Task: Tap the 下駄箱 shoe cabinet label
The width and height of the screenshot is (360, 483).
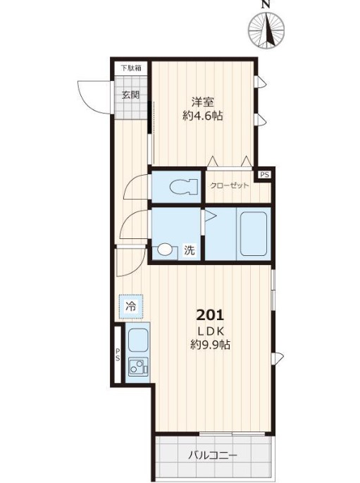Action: pos(131,68)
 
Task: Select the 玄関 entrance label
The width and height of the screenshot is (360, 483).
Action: pos(131,94)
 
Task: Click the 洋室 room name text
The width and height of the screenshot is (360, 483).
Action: pos(203,102)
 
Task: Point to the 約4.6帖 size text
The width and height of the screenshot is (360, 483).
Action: pos(203,116)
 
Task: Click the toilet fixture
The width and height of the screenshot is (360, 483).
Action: pos(183,187)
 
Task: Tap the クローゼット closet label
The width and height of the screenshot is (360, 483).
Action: pos(229,185)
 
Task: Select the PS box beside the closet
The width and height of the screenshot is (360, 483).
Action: pos(265,175)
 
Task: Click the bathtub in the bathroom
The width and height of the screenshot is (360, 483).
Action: pos(254,234)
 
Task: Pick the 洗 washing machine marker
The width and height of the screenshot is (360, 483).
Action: pos(190,250)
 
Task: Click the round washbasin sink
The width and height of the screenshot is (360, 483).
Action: pos(165,249)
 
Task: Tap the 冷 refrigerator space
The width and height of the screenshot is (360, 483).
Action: pos(131,307)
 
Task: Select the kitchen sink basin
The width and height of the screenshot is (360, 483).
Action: pos(138,340)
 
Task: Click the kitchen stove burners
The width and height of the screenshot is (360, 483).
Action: pos(138,366)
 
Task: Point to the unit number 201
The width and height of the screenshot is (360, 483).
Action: pos(210,315)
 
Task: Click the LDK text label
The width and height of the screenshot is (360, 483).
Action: pos(210,331)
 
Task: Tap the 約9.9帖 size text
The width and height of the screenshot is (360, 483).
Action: pos(210,345)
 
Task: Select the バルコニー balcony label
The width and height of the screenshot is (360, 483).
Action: pos(213,456)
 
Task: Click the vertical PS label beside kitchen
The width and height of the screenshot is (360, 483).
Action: pos(118,355)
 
